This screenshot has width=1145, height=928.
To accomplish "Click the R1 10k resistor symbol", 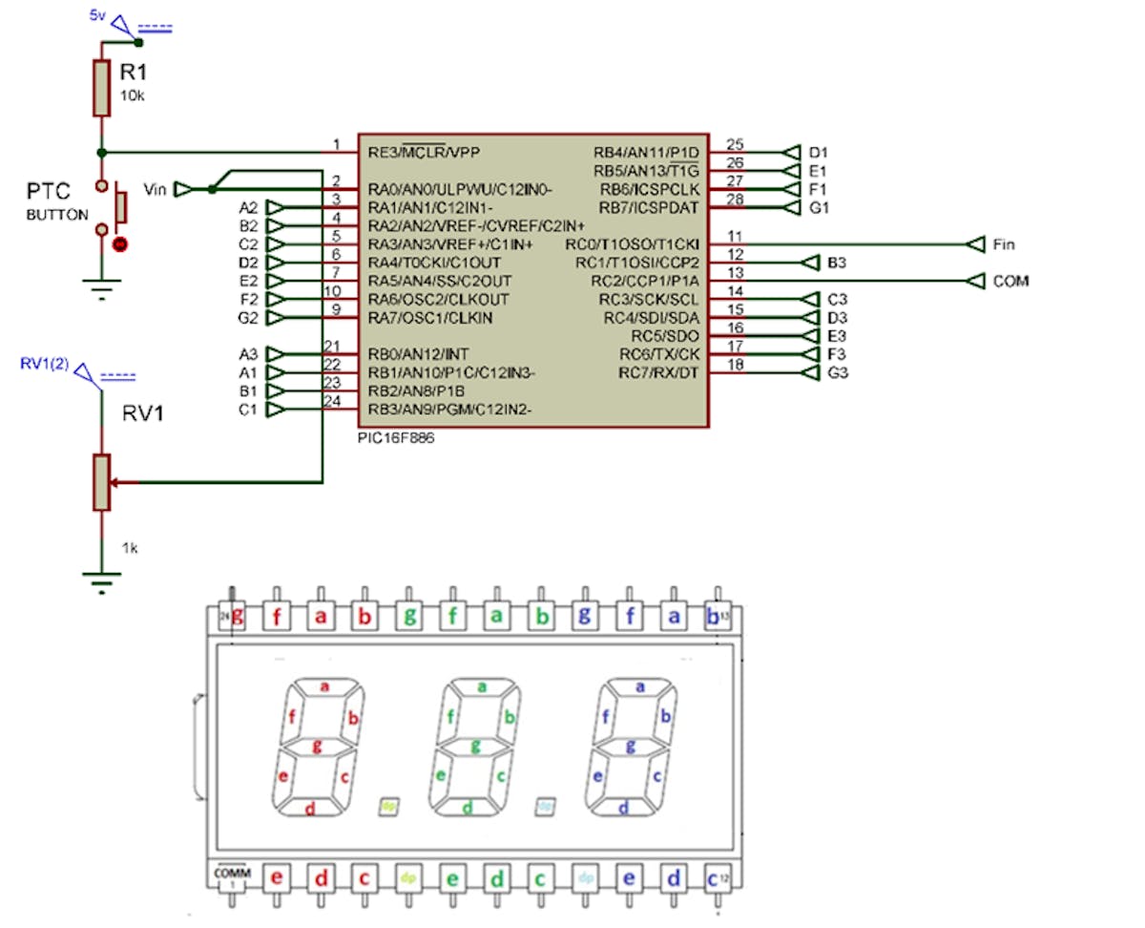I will [x=101, y=88].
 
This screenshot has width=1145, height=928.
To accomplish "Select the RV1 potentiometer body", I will [x=101, y=481].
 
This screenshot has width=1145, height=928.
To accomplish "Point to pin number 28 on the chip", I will [x=735, y=200].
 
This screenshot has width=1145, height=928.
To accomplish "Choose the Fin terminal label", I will [x=1004, y=244].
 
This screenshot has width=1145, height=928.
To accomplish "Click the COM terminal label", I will [x=1010, y=282].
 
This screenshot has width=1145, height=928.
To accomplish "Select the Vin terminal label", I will [x=156, y=189].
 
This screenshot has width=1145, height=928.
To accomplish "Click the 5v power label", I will [x=97, y=16].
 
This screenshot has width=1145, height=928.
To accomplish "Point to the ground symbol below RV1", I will [x=101, y=580].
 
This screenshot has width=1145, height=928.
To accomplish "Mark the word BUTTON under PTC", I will [x=57, y=215].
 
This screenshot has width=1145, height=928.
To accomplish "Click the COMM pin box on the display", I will [x=229, y=875].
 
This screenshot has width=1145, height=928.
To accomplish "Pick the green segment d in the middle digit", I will [x=468, y=809].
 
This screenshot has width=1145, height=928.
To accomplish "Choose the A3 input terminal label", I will [x=248, y=354].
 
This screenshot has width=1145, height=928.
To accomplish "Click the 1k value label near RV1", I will [x=130, y=548].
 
